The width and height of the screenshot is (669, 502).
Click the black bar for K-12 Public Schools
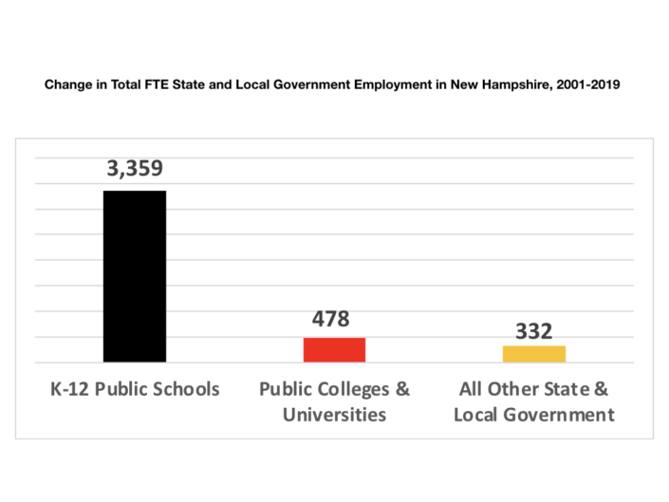[x=134, y=276]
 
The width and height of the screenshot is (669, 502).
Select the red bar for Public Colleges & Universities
[x=334, y=349]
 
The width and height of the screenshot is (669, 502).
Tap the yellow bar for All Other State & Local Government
[x=533, y=353]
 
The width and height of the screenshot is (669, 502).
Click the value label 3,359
[x=134, y=169]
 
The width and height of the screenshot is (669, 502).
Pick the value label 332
[x=534, y=331]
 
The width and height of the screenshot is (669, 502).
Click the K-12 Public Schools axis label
[x=134, y=389]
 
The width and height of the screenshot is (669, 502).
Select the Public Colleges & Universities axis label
[x=334, y=401]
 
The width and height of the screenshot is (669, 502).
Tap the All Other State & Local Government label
[x=534, y=401]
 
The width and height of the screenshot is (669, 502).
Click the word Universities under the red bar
[x=334, y=415]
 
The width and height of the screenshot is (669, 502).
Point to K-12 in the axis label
[x=68, y=389]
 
